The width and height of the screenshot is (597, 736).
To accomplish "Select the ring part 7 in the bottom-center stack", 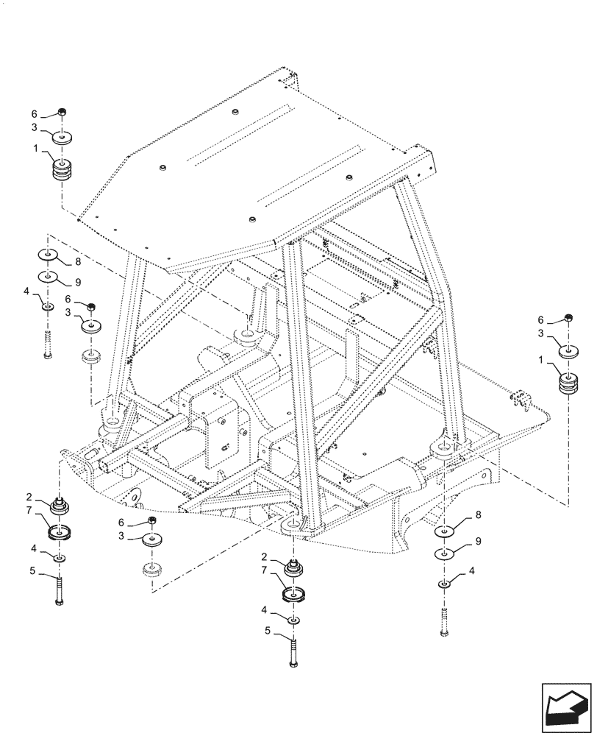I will tap(293, 595).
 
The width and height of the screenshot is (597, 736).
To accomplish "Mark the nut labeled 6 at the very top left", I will tap(62, 113).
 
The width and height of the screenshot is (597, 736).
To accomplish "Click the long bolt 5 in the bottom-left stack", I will tap(58, 590).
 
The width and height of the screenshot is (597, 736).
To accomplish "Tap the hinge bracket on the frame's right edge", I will tap(522, 401).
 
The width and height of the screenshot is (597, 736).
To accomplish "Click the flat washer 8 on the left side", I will tap(49, 255).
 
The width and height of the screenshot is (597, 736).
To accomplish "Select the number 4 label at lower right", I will tap(472, 570).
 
